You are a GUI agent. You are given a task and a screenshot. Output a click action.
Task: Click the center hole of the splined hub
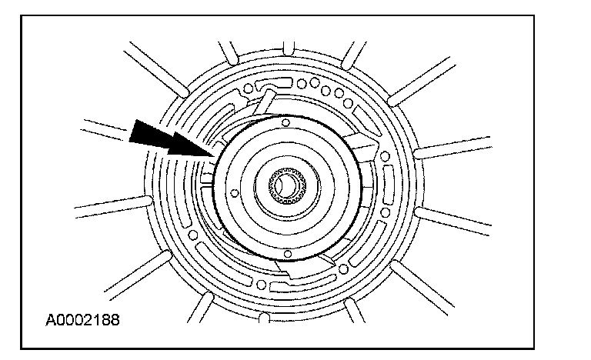click(285, 185)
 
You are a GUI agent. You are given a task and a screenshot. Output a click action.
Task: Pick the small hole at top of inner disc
click(285, 123)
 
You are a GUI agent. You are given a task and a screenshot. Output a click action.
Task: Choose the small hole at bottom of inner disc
click(285, 252)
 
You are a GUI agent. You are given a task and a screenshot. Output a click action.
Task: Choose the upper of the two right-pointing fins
click(454, 147)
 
